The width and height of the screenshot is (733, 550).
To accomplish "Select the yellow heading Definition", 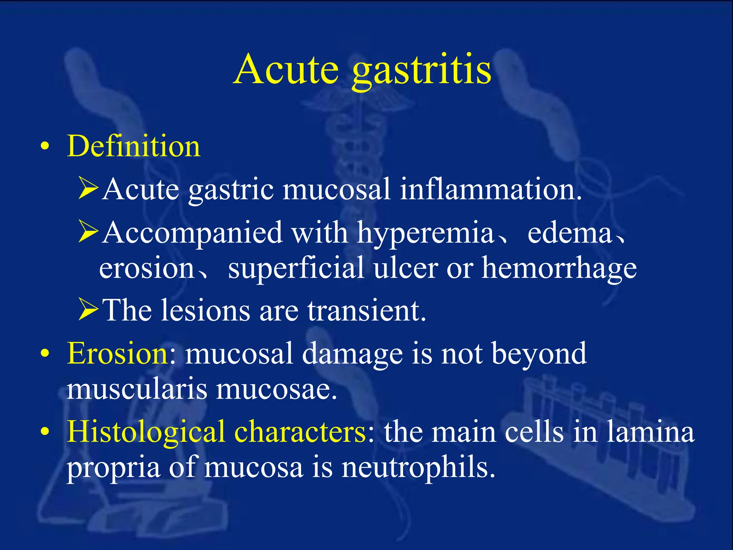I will tap(134, 146).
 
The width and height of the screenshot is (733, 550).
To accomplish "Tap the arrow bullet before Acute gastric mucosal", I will tap(88, 188).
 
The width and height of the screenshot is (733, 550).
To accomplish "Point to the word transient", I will tap(366, 310).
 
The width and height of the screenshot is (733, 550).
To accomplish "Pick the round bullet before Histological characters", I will tap(45, 432).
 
